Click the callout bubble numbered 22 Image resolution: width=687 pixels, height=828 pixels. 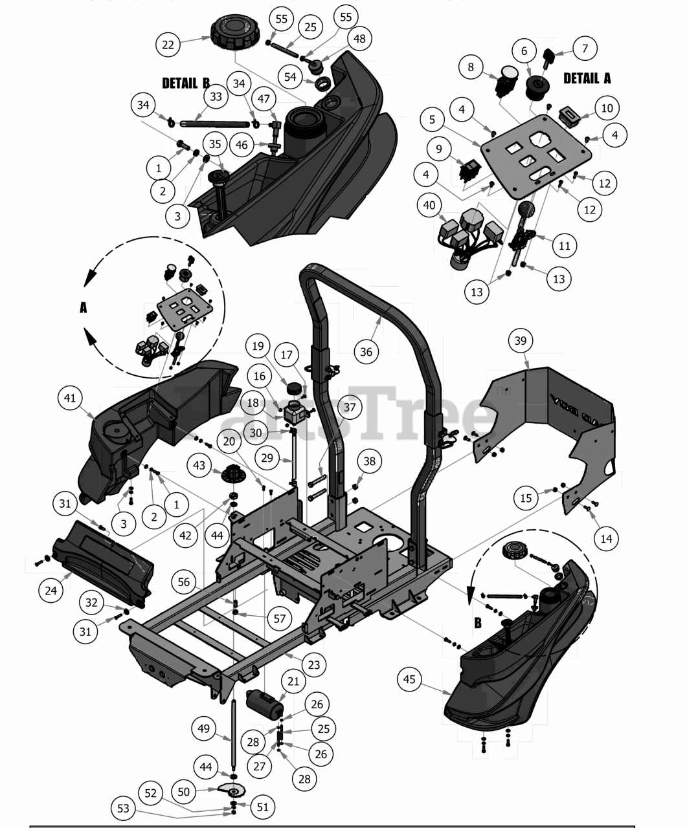point(168,45)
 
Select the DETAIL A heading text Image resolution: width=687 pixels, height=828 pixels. point(587,78)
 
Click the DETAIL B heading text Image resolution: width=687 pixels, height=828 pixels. point(186,83)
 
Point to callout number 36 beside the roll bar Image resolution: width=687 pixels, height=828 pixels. point(366,351)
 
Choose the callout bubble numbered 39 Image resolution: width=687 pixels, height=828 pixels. point(520,341)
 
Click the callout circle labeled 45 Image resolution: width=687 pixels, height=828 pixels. point(409,680)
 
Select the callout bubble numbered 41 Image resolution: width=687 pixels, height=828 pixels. point(70,398)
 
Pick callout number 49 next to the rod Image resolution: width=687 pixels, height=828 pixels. point(204,729)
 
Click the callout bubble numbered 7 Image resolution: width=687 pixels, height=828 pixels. point(585,48)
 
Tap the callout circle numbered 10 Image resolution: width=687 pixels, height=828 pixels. point(607,108)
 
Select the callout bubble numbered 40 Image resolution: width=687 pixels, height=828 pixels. point(429,206)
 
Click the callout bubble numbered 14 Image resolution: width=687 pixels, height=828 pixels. point(605,538)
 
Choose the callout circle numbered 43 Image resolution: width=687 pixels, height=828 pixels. point(199,465)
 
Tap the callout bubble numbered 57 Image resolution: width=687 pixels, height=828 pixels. point(279,618)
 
